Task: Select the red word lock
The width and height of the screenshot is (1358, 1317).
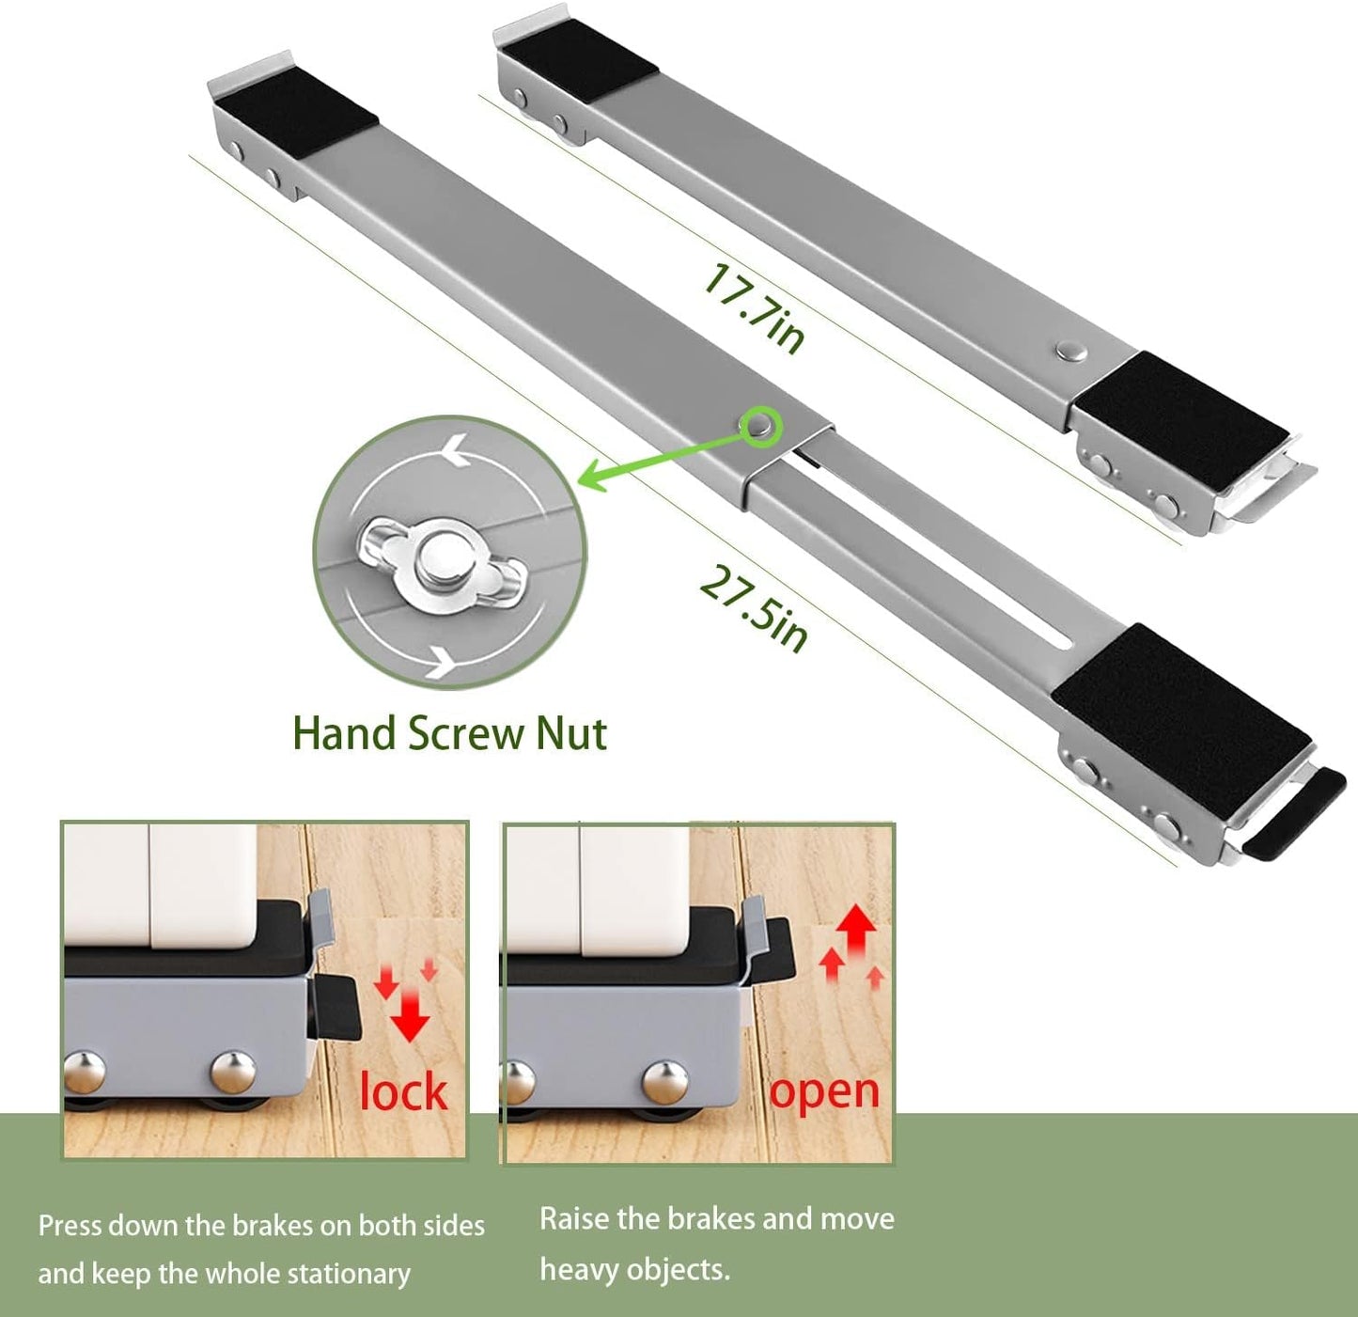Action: (x=403, y=1091)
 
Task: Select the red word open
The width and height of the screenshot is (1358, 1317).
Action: (x=824, y=1091)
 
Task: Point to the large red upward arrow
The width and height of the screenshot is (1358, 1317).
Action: (x=856, y=931)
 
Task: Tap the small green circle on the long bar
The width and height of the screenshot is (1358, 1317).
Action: (x=759, y=426)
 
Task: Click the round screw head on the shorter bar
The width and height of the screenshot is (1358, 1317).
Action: (x=1070, y=351)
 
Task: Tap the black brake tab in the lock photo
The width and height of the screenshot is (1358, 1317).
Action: (x=338, y=1006)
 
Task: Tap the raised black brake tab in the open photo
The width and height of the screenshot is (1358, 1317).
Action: (x=775, y=948)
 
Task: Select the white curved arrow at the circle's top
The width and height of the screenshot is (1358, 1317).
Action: (x=453, y=453)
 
